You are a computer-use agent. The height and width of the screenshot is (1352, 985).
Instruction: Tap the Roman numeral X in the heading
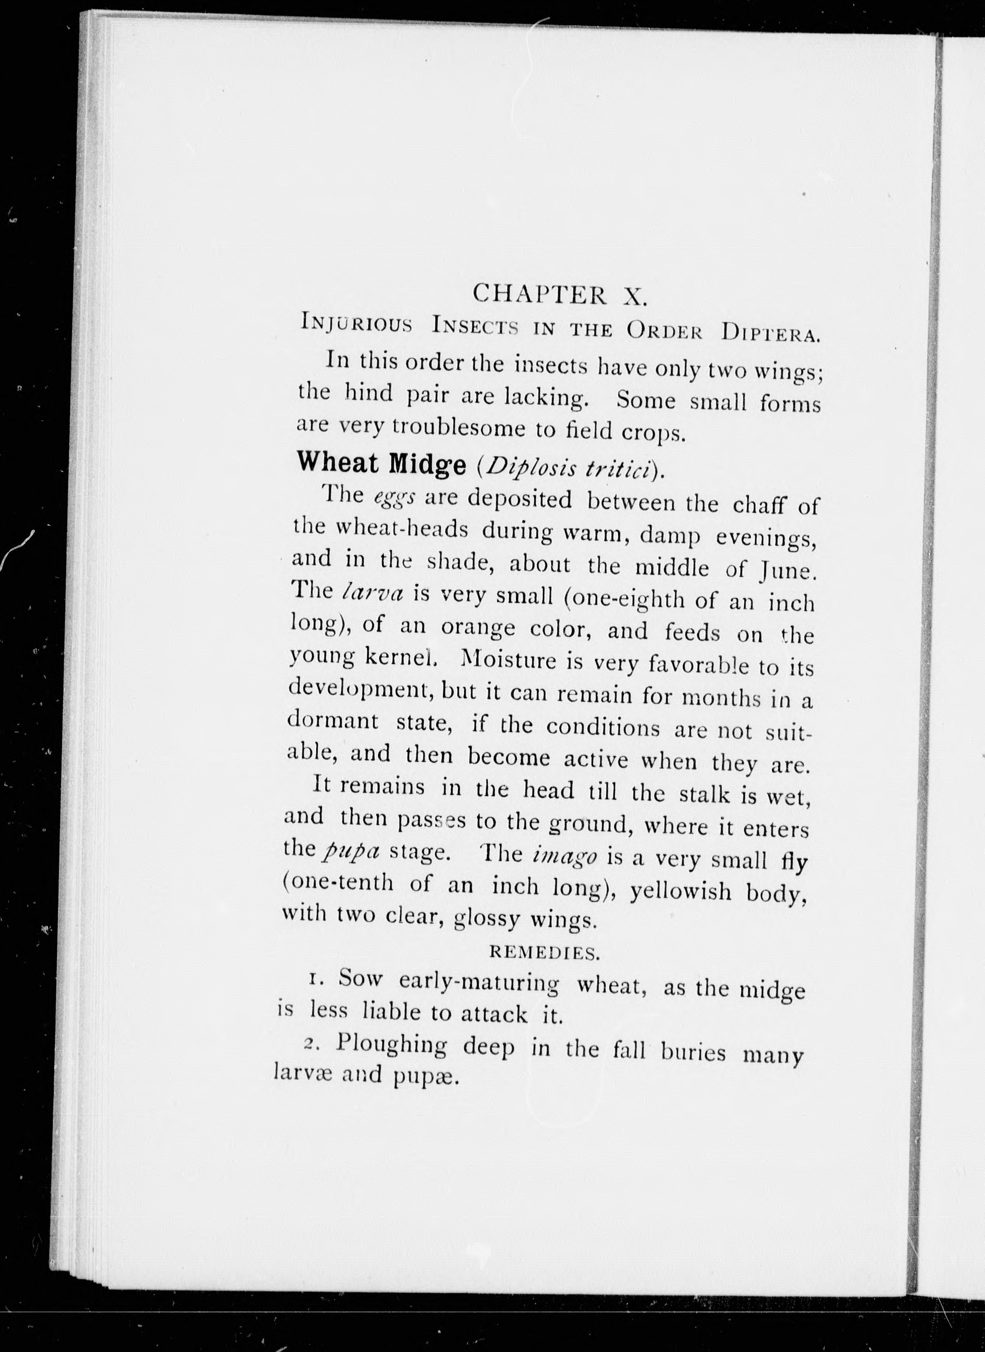click(632, 296)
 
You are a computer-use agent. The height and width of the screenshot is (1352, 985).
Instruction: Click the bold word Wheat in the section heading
click(339, 464)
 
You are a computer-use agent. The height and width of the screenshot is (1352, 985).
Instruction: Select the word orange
click(478, 628)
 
